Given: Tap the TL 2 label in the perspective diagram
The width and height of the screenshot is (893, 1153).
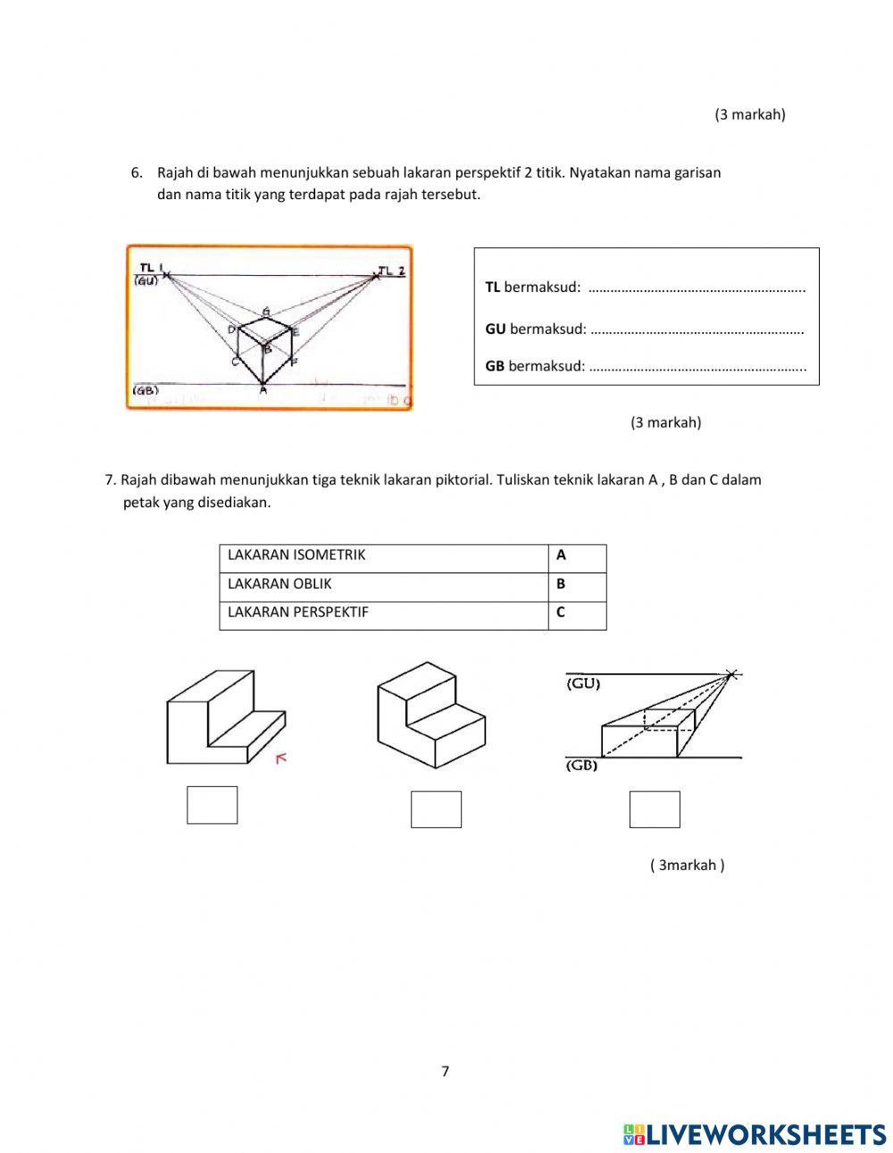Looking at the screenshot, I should [391, 270].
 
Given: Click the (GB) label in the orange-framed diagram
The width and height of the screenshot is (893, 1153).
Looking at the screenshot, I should [146, 390].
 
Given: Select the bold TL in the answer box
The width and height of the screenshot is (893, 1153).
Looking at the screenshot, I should [493, 288].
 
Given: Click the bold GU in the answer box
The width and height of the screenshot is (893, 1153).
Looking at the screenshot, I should [496, 329].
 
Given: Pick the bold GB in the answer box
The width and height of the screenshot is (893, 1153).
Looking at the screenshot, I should [495, 365].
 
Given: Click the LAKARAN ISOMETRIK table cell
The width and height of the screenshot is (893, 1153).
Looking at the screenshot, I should [384, 556].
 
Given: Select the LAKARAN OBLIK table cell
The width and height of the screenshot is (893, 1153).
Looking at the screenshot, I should [384, 584].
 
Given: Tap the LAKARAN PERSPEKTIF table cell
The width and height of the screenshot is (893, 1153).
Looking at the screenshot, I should [384, 613].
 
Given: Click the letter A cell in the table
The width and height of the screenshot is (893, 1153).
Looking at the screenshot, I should [576, 556].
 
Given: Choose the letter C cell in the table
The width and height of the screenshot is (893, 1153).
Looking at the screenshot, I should [576, 613].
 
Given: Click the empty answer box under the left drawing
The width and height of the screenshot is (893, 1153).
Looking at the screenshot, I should [212, 805].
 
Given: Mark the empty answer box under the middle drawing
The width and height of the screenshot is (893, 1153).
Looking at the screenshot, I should [436, 809].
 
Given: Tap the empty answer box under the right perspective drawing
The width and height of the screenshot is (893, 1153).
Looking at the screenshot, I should [655, 809].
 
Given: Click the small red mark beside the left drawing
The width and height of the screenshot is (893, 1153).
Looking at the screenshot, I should [281, 758].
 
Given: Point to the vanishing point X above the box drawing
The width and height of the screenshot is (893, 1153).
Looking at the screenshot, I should [732, 674].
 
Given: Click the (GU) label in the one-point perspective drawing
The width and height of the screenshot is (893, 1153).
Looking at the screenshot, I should [583, 684].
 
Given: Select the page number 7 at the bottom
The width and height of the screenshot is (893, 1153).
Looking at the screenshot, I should [445, 1072].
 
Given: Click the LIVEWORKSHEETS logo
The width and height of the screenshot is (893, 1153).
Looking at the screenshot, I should [755, 1134].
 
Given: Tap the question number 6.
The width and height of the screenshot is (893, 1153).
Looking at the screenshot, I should [137, 172].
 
